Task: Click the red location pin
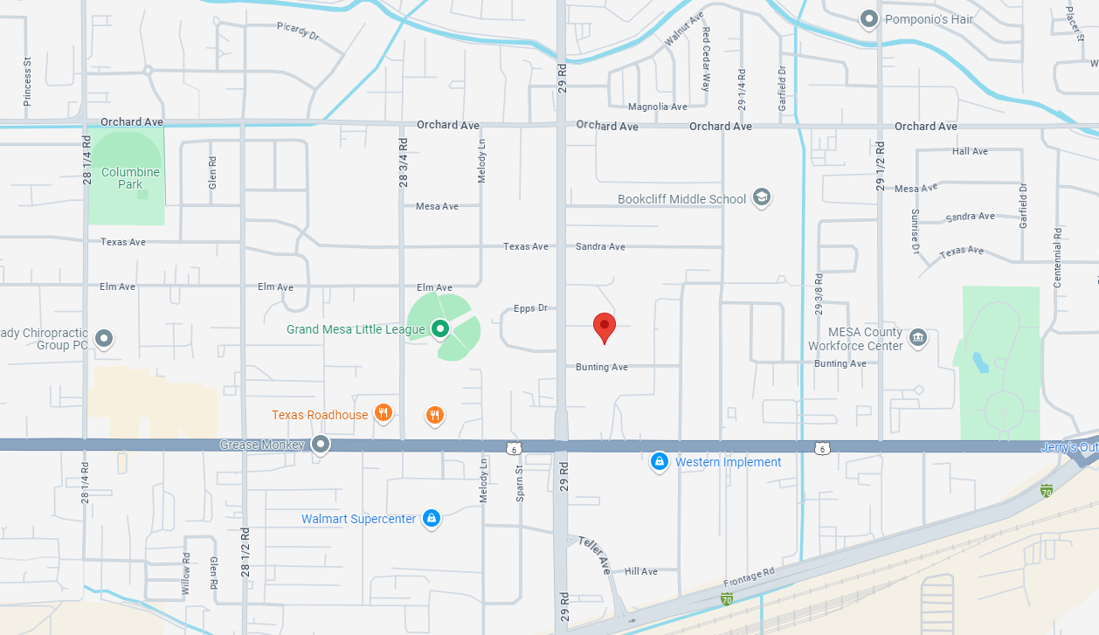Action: click(x=604, y=327)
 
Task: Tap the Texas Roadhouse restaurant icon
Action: click(x=382, y=413)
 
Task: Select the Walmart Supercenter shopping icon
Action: click(x=431, y=519)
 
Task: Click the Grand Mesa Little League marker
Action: click(x=440, y=329)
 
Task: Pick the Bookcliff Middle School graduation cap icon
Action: click(x=762, y=198)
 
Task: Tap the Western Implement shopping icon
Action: click(x=660, y=461)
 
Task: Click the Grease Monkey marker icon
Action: click(x=321, y=445)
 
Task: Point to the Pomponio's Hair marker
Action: click(x=868, y=18)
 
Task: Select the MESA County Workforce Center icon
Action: click(x=917, y=337)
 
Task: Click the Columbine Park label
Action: click(x=130, y=178)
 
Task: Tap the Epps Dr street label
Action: click(x=530, y=308)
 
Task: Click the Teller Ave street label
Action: click(x=595, y=554)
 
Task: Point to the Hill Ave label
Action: click(x=641, y=571)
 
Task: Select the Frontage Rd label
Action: click(x=749, y=577)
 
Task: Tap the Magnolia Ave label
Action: click(x=658, y=107)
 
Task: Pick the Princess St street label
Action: click(x=28, y=82)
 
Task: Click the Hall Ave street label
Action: click(x=970, y=151)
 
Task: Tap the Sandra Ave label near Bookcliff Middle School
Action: click(x=600, y=246)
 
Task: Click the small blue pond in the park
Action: click(x=980, y=362)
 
